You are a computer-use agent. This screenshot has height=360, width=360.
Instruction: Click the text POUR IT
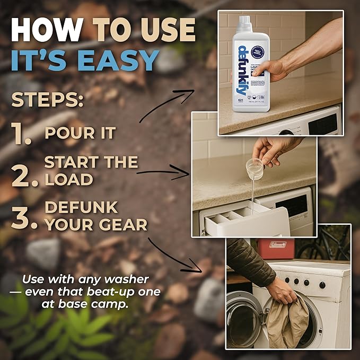pos(80,133)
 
